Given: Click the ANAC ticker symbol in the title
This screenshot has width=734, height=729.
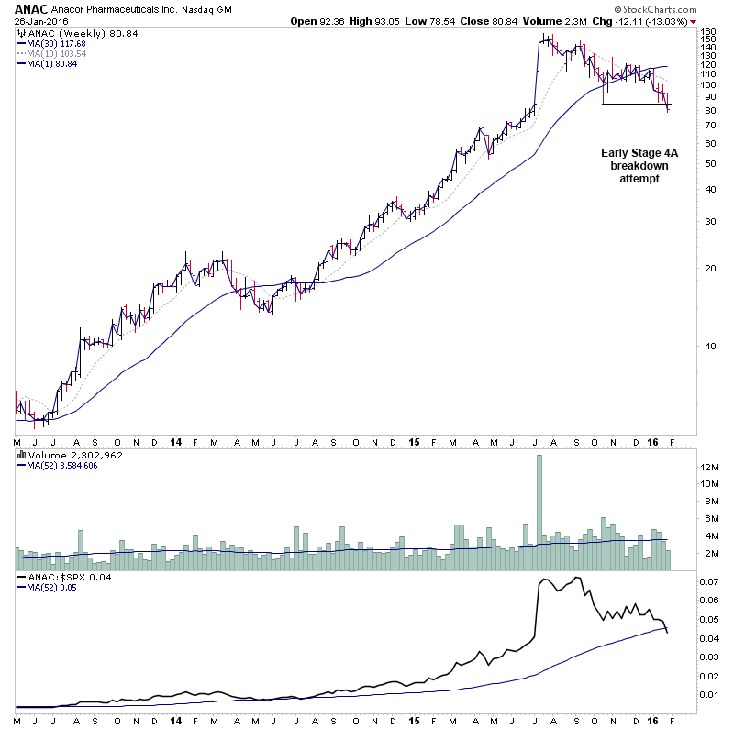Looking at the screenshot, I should pos(32,9).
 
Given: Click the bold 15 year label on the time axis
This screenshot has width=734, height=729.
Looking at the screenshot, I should pos(414,441).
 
